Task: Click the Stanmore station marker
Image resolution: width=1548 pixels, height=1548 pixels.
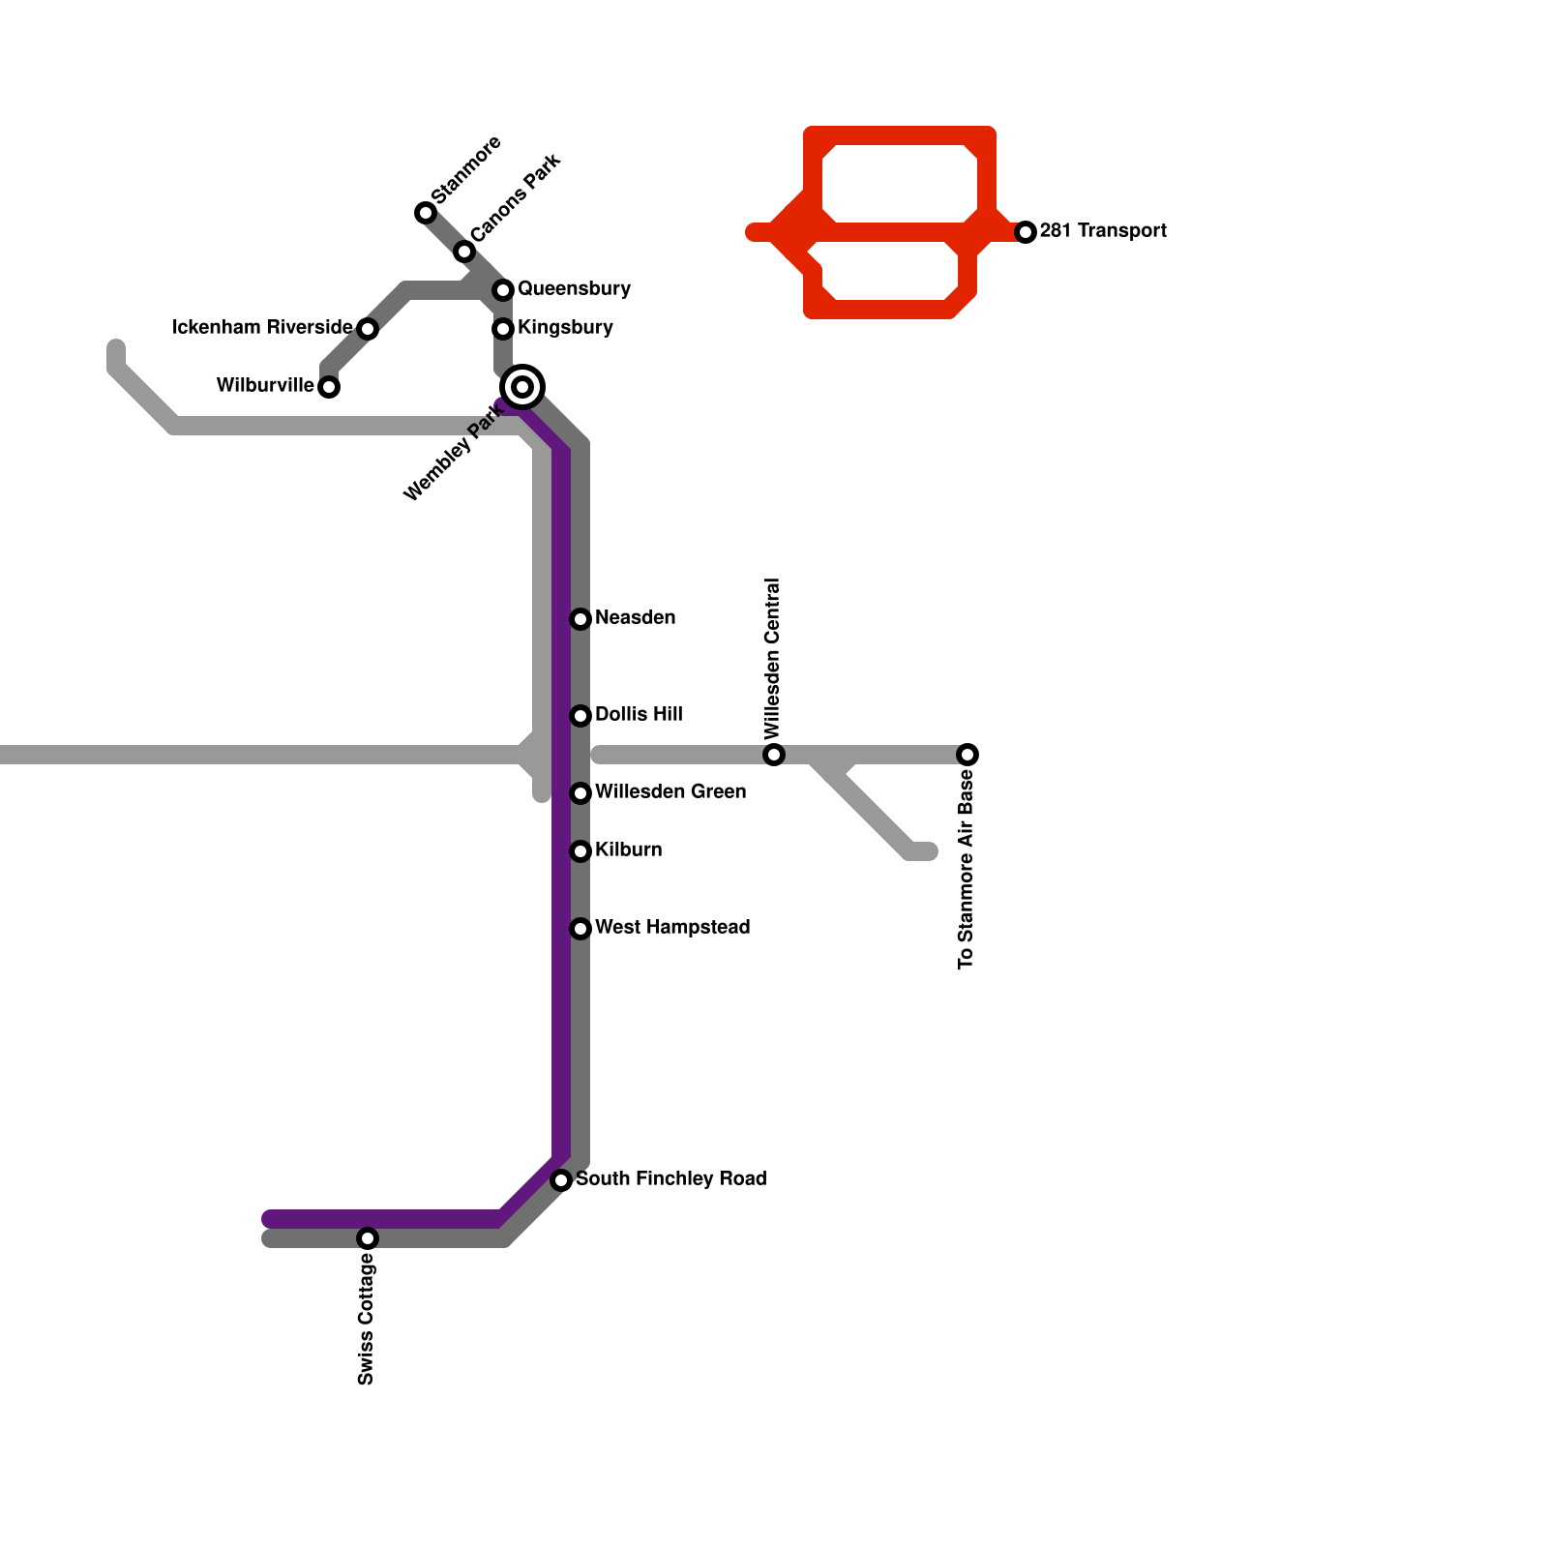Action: point(426,213)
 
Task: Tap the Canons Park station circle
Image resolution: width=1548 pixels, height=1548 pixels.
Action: point(464,252)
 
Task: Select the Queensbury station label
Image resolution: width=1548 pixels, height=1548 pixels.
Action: point(574,288)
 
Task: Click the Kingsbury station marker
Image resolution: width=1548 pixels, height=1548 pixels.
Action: point(503,329)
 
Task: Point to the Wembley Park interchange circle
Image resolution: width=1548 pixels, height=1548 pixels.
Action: point(522,387)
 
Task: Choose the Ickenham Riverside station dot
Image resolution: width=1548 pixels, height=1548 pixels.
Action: point(368,329)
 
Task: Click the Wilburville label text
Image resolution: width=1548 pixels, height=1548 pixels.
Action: point(265,385)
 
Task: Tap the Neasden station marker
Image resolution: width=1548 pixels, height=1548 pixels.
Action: point(580,619)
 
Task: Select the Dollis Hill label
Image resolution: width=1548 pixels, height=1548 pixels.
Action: point(639,714)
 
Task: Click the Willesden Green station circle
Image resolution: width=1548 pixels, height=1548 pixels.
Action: point(580,793)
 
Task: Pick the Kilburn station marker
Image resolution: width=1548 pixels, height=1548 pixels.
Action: point(580,851)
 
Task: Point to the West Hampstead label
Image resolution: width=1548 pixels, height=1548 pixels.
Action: point(672,927)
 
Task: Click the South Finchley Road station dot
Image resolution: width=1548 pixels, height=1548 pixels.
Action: point(561,1180)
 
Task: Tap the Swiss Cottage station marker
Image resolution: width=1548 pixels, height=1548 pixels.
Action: point(368,1238)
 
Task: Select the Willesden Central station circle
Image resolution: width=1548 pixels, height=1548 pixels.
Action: point(774,755)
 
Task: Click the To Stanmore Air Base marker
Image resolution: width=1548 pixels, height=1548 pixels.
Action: point(967,755)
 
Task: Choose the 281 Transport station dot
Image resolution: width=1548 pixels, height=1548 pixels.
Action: point(1026,232)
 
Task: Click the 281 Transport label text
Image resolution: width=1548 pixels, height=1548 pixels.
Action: point(1103,230)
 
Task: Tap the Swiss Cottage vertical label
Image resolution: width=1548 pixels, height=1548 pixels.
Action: point(366,1319)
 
